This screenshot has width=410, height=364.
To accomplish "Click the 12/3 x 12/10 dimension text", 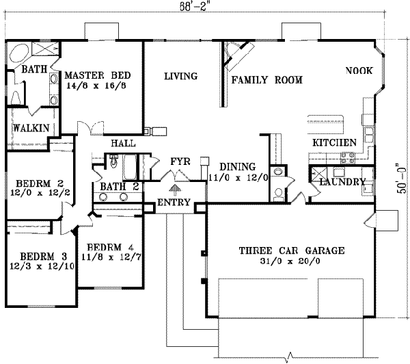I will [37, 267].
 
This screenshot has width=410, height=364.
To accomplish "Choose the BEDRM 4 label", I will [105, 247].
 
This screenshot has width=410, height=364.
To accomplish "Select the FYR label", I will [179, 161].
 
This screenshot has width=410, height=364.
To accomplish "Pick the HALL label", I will [122, 144].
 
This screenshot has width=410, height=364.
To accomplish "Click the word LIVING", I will [180, 76].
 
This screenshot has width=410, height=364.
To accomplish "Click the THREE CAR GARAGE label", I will [290, 250].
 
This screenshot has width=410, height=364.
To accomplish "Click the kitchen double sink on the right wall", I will [368, 127].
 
